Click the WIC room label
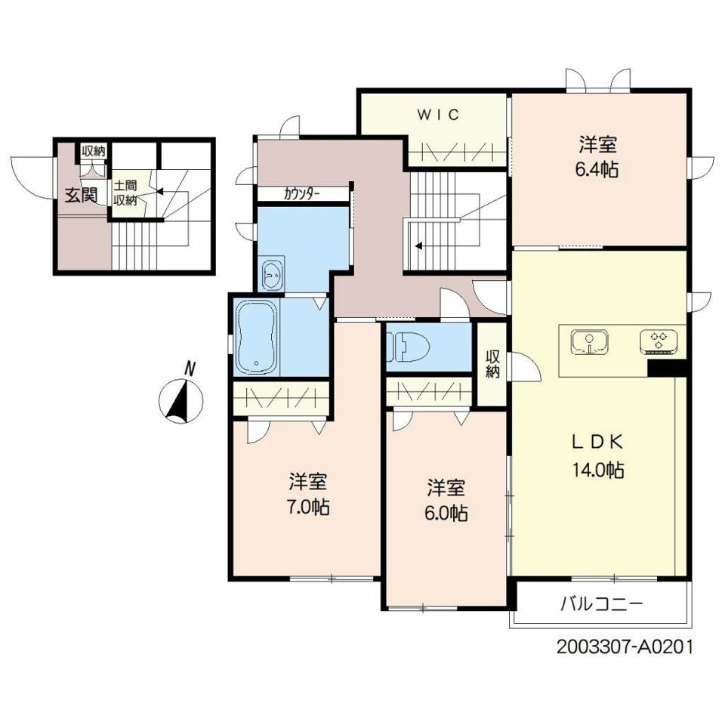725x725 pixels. pyautogui.click(x=438, y=114)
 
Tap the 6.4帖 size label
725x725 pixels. pyautogui.click(x=597, y=170)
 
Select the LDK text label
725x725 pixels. pyautogui.click(x=597, y=442)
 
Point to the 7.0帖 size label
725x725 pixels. pyautogui.click(x=308, y=507)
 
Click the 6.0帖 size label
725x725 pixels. pyautogui.click(x=446, y=513)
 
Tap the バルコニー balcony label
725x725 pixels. pyautogui.click(x=602, y=603)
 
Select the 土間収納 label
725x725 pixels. pyautogui.click(x=125, y=193)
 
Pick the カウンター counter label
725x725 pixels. pyautogui.click(x=302, y=194)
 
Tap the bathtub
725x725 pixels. pyautogui.click(x=257, y=337)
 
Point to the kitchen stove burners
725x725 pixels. pyautogui.click(x=659, y=341)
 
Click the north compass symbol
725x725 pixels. pyautogui.click(x=180, y=401)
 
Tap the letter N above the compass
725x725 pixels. pyautogui.click(x=189, y=369)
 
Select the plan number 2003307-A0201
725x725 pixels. pyautogui.click(x=625, y=647)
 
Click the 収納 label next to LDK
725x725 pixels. pyautogui.click(x=493, y=364)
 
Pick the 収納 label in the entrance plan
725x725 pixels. pyautogui.click(x=94, y=151)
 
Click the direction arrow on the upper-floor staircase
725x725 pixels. pyautogui.click(x=418, y=246)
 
